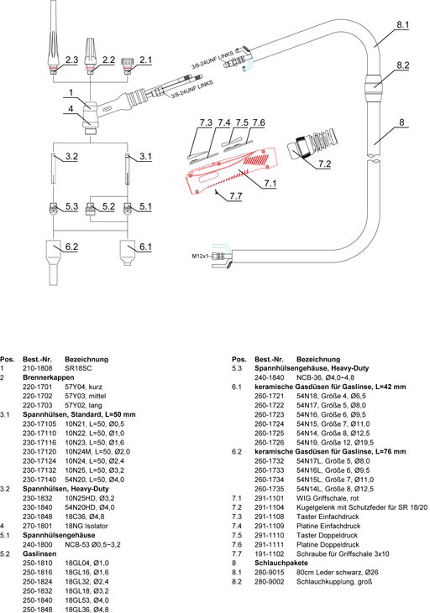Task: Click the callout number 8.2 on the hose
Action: [x=402, y=65]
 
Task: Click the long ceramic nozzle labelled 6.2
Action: [x=53, y=262]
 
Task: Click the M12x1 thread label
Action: [x=200, y=257]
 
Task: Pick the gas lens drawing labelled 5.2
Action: [x=91, y=209]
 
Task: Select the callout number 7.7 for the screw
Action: [x=235, y=195]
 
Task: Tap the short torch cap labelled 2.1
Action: [x=127, y=65]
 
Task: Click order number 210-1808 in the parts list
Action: [x=37, y=368]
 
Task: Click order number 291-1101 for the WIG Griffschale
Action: [x=269, y=498]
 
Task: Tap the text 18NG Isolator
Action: [x=87, y=527]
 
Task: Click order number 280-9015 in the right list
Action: [x=269, y=573]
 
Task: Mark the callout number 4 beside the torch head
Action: [x=71, y=108]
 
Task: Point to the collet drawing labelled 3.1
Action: [x=128, y=169]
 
